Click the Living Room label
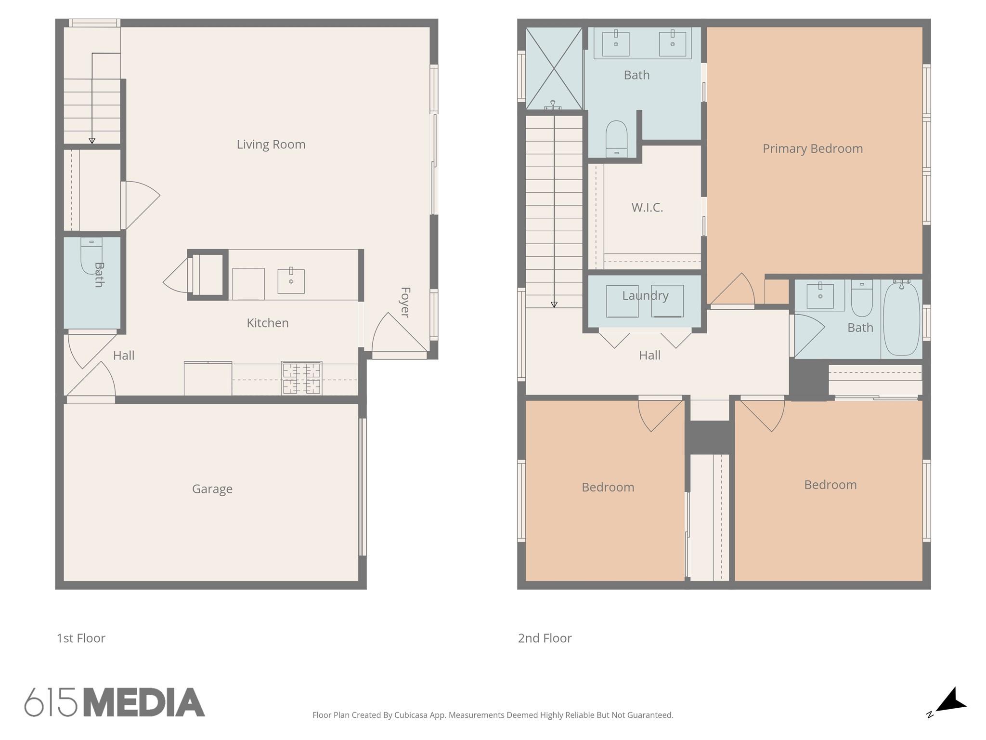pyautogui.click(x=271, y=145)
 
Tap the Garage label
pyautogui.click(x=212, y=489)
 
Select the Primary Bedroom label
pyautogui.click(x=813, y=148)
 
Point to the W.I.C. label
pyautogui.click(x=647, y=208)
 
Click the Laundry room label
pyautogui.click(x=645, y=296)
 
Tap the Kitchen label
pyautogui.click(x=268, y=323)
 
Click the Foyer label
pyautogui.click(x=405, y=303)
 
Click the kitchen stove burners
pyautogui.click(x=302, y=378)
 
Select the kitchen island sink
pyautogui.click(x=291, y=281)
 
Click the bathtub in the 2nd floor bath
pyautogui.click(x=901, y=319)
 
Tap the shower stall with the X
pyautogui.click(x=554, y=68)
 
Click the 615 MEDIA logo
pyautogui.click(x=115, y=702)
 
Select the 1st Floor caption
pyautogui.click(x=81, y=638)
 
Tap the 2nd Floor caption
pyautogui.click(x=545, y=638)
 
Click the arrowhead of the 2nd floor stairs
pyautogui.click(x=554, y=304)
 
